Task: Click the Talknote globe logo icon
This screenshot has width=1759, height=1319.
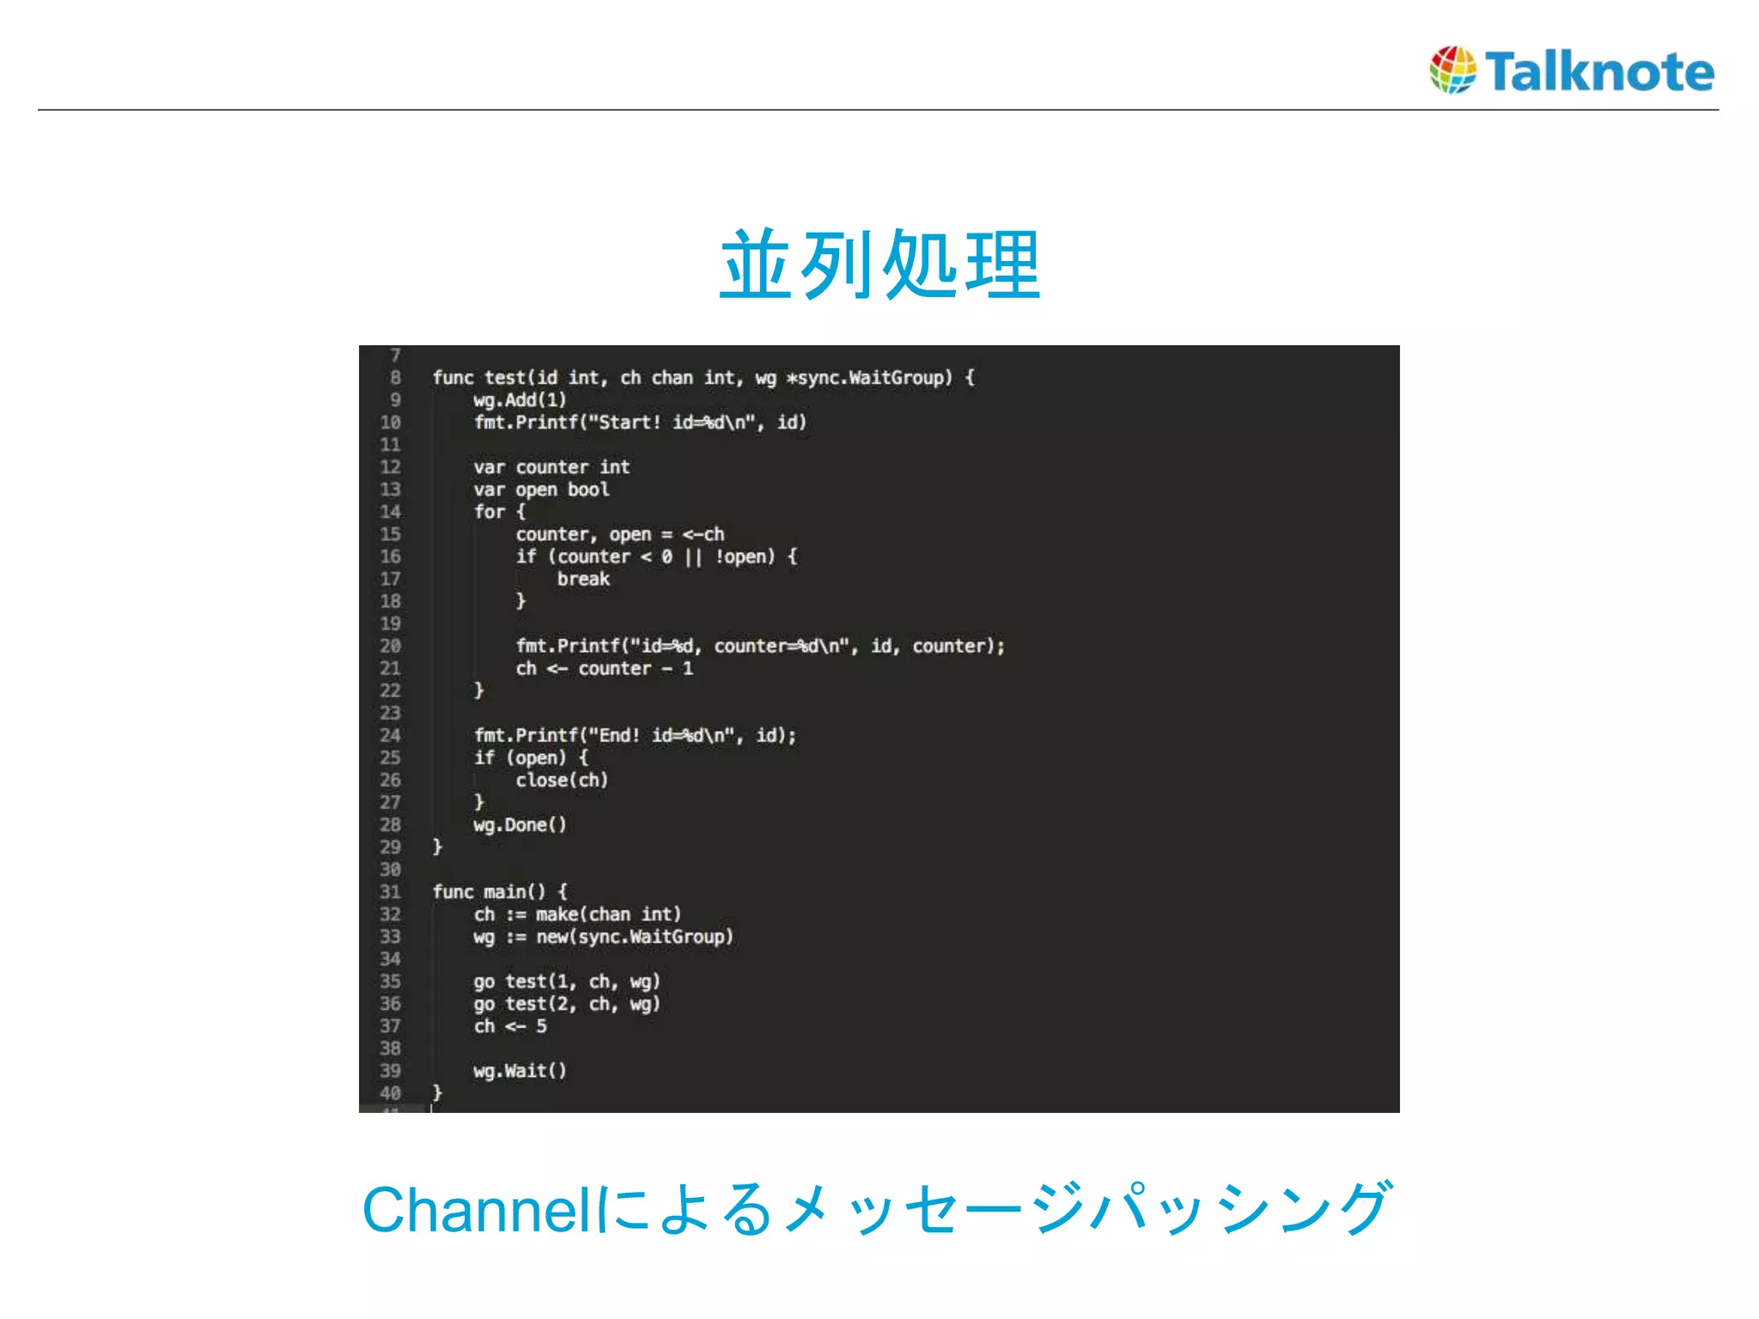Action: pyautogui.click(x=1452, y=70)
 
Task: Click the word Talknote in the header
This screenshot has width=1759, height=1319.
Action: pyautogui.click(x=1599, y=71)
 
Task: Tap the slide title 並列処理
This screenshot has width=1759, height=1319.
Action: pyautogui.click(x=880, y=265)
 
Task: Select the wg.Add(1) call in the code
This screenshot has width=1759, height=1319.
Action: pyautogui.click(x=520, y=400)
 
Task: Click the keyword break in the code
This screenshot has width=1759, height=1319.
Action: pyautogui.click(x=583, y=579)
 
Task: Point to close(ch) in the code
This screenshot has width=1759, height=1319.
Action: pyautogui.click(x=562, y=780)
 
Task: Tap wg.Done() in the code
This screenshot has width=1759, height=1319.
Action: pyautogui.click(x=520, y=825)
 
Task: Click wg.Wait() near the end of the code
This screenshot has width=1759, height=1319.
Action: pyautogui.click(x=520, y=1071)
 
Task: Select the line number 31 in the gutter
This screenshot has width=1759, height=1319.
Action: pyautogui.click(x=390, y=892)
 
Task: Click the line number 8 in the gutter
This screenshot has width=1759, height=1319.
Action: pyautogui.click(x=395, y=378)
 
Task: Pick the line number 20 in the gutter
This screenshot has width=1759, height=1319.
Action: pyautogui.click(x=390, y=646)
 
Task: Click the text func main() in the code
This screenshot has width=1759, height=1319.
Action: pyautogui.click(x=489, y=892)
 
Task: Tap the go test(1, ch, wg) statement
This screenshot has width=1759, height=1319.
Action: pyautogui.click(x=567, y=982)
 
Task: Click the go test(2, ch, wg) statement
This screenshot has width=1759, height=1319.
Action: pyautogui.click(x=567, y=1004)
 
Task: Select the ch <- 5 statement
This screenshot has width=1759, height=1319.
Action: pyautogui.click(x=510, y=1026)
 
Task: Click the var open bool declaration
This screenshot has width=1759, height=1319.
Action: pyautogui.click(x=541, y=489)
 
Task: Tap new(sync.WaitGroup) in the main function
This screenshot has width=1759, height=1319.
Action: pyautogui.click(x=635, y=937)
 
